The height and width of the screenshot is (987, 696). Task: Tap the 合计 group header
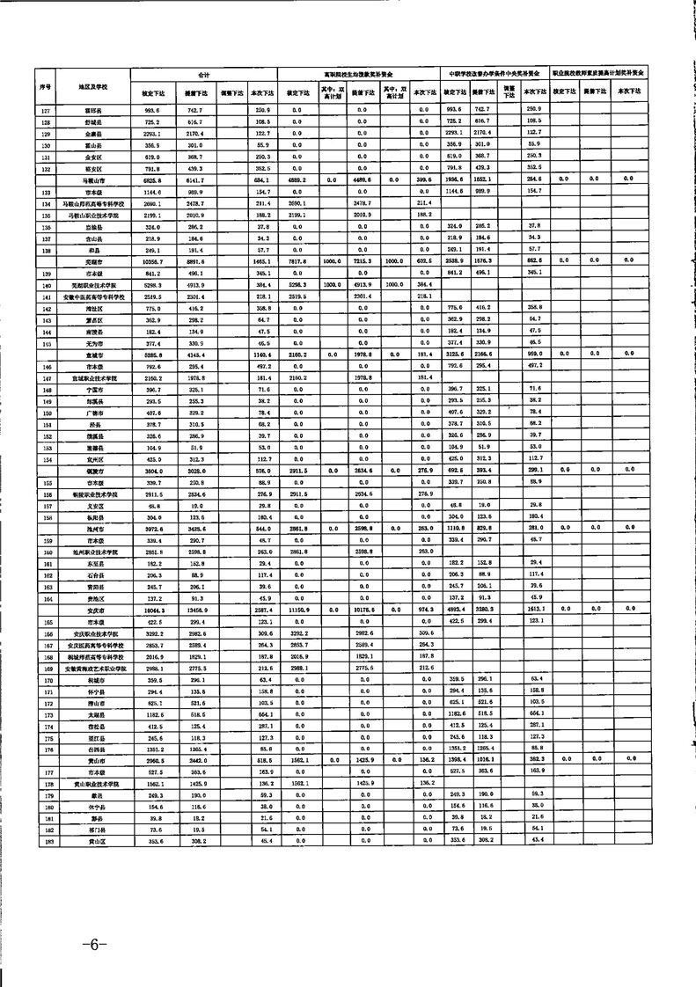[203, 76]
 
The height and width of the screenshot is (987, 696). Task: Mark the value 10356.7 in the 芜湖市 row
[151, 260]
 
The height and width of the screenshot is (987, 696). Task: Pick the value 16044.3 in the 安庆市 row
[151, 609]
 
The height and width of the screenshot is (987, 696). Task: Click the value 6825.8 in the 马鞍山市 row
[151, 179]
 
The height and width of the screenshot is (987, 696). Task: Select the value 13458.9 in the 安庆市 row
[195, 609]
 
